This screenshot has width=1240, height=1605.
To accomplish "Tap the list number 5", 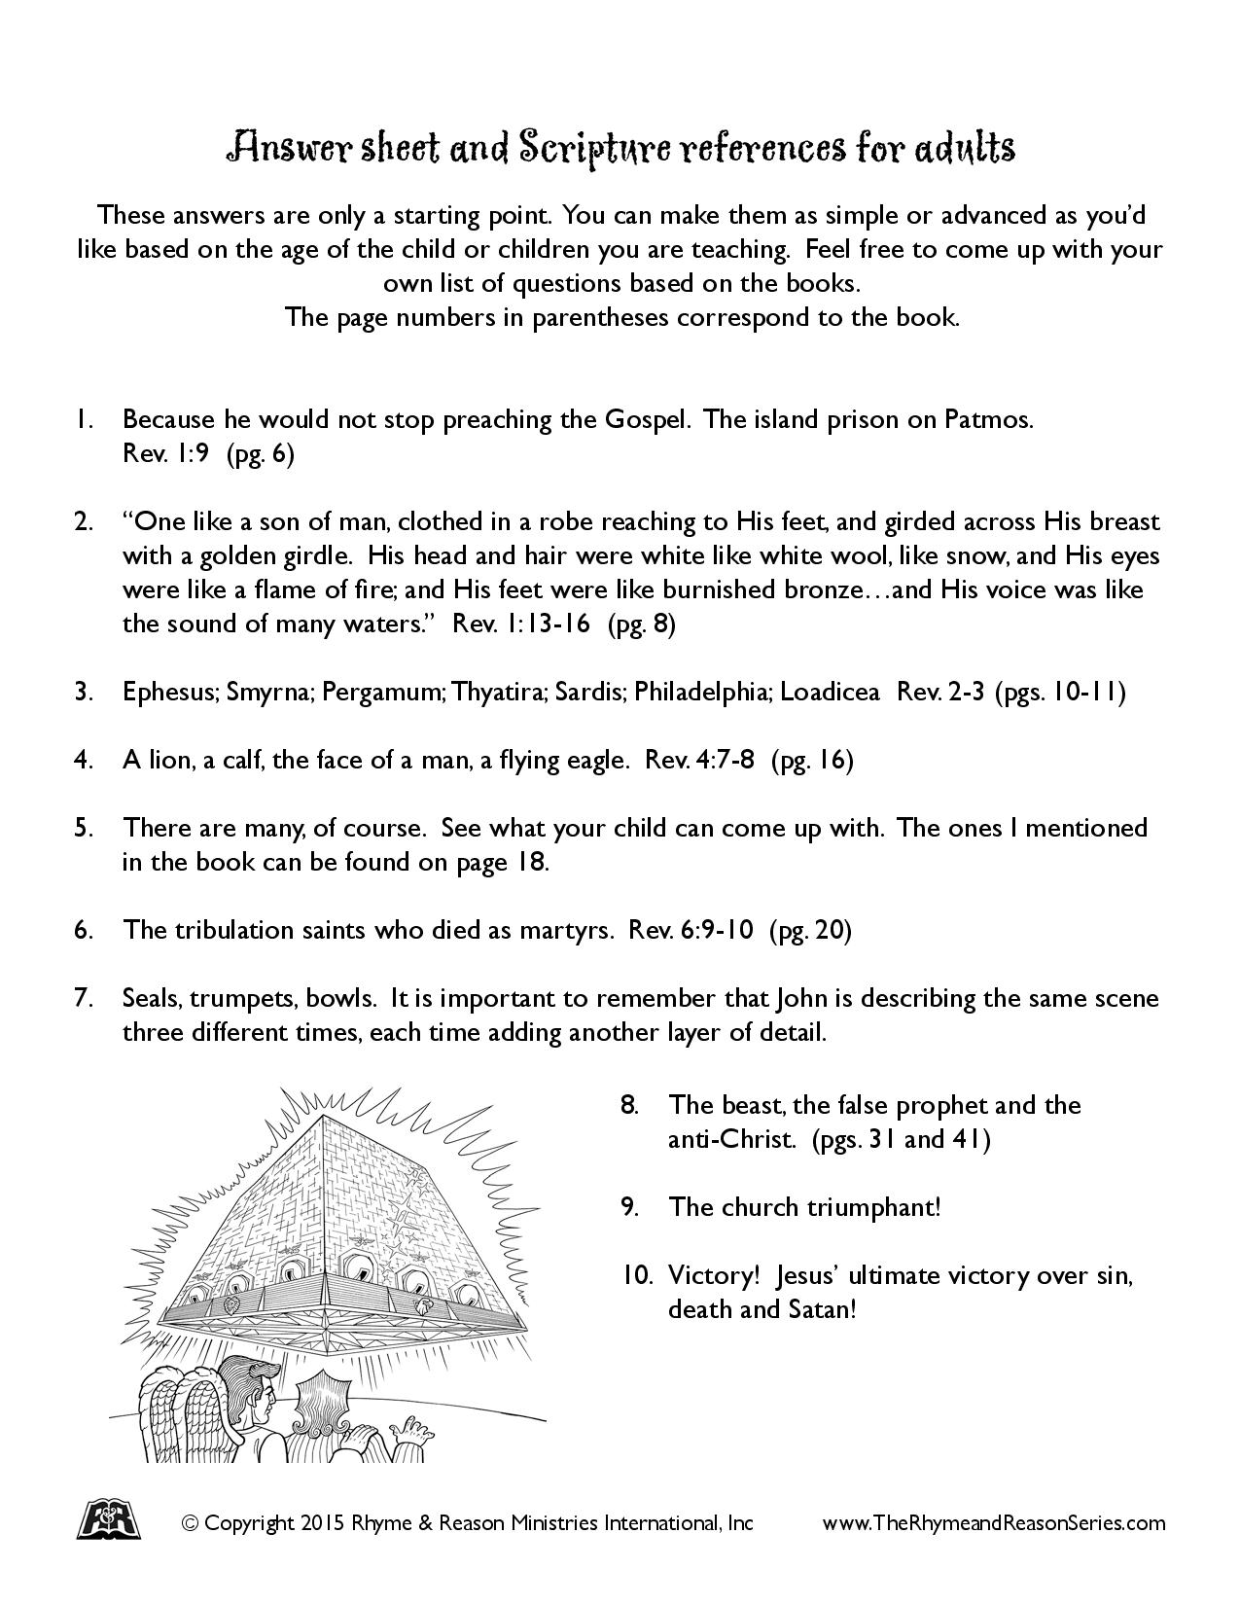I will pyautogui.click(x=83, y=828).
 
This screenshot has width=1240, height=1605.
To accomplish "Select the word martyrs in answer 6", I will pyautogui.click(x=563, y=930).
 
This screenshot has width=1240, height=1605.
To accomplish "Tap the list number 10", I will pyautogui.click(x=637, y=1275).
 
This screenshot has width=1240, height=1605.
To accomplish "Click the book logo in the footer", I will pyautogui.click(x=107, y=1520).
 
